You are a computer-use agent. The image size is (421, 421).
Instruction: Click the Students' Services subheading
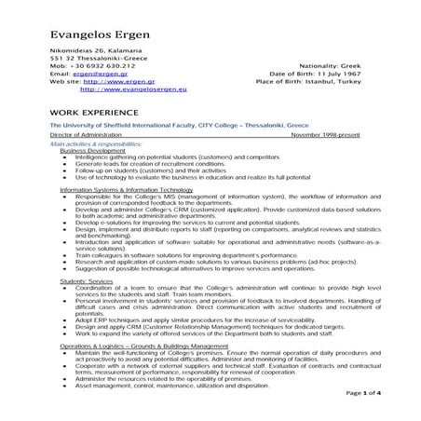click(x=86, y=279)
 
